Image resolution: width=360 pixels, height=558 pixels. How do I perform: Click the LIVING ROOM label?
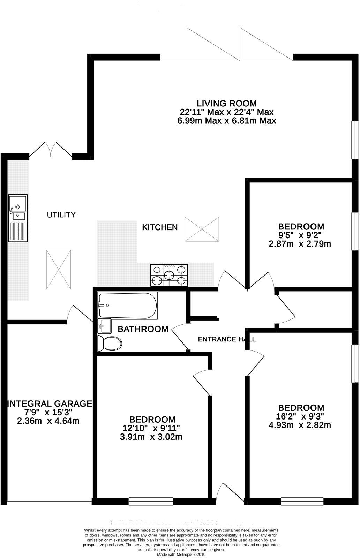coord(227,103)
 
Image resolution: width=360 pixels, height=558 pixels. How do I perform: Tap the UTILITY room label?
coord(61,215)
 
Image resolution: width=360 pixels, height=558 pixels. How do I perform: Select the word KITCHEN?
coord(160,227)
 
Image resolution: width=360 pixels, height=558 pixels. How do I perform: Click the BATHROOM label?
coord(143,329)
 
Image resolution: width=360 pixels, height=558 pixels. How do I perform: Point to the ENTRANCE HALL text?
coord(227,339)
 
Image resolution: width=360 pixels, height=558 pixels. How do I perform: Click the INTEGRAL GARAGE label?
coord(50,404)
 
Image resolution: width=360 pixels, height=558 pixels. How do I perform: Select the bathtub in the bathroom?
coord(128,305)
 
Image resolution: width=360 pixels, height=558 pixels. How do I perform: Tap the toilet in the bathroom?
coord(110,344)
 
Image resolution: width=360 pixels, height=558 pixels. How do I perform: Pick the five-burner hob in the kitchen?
coord(169,275)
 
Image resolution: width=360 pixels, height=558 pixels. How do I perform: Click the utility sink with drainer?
coord(18,218)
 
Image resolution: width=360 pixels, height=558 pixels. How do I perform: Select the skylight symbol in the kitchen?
coord(202,229)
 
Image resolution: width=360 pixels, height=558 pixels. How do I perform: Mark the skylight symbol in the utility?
coord(59,269)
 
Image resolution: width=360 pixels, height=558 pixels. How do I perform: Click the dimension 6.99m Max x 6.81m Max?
coord(227,121)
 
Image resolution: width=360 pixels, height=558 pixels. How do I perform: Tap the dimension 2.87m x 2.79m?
coord(300,243)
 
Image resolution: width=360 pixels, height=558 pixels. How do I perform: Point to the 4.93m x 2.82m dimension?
coord(300,425)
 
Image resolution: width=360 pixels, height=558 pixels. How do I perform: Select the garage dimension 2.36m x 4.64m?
coord(48,421)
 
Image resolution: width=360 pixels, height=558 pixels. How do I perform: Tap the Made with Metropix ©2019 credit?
coord(181,554)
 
